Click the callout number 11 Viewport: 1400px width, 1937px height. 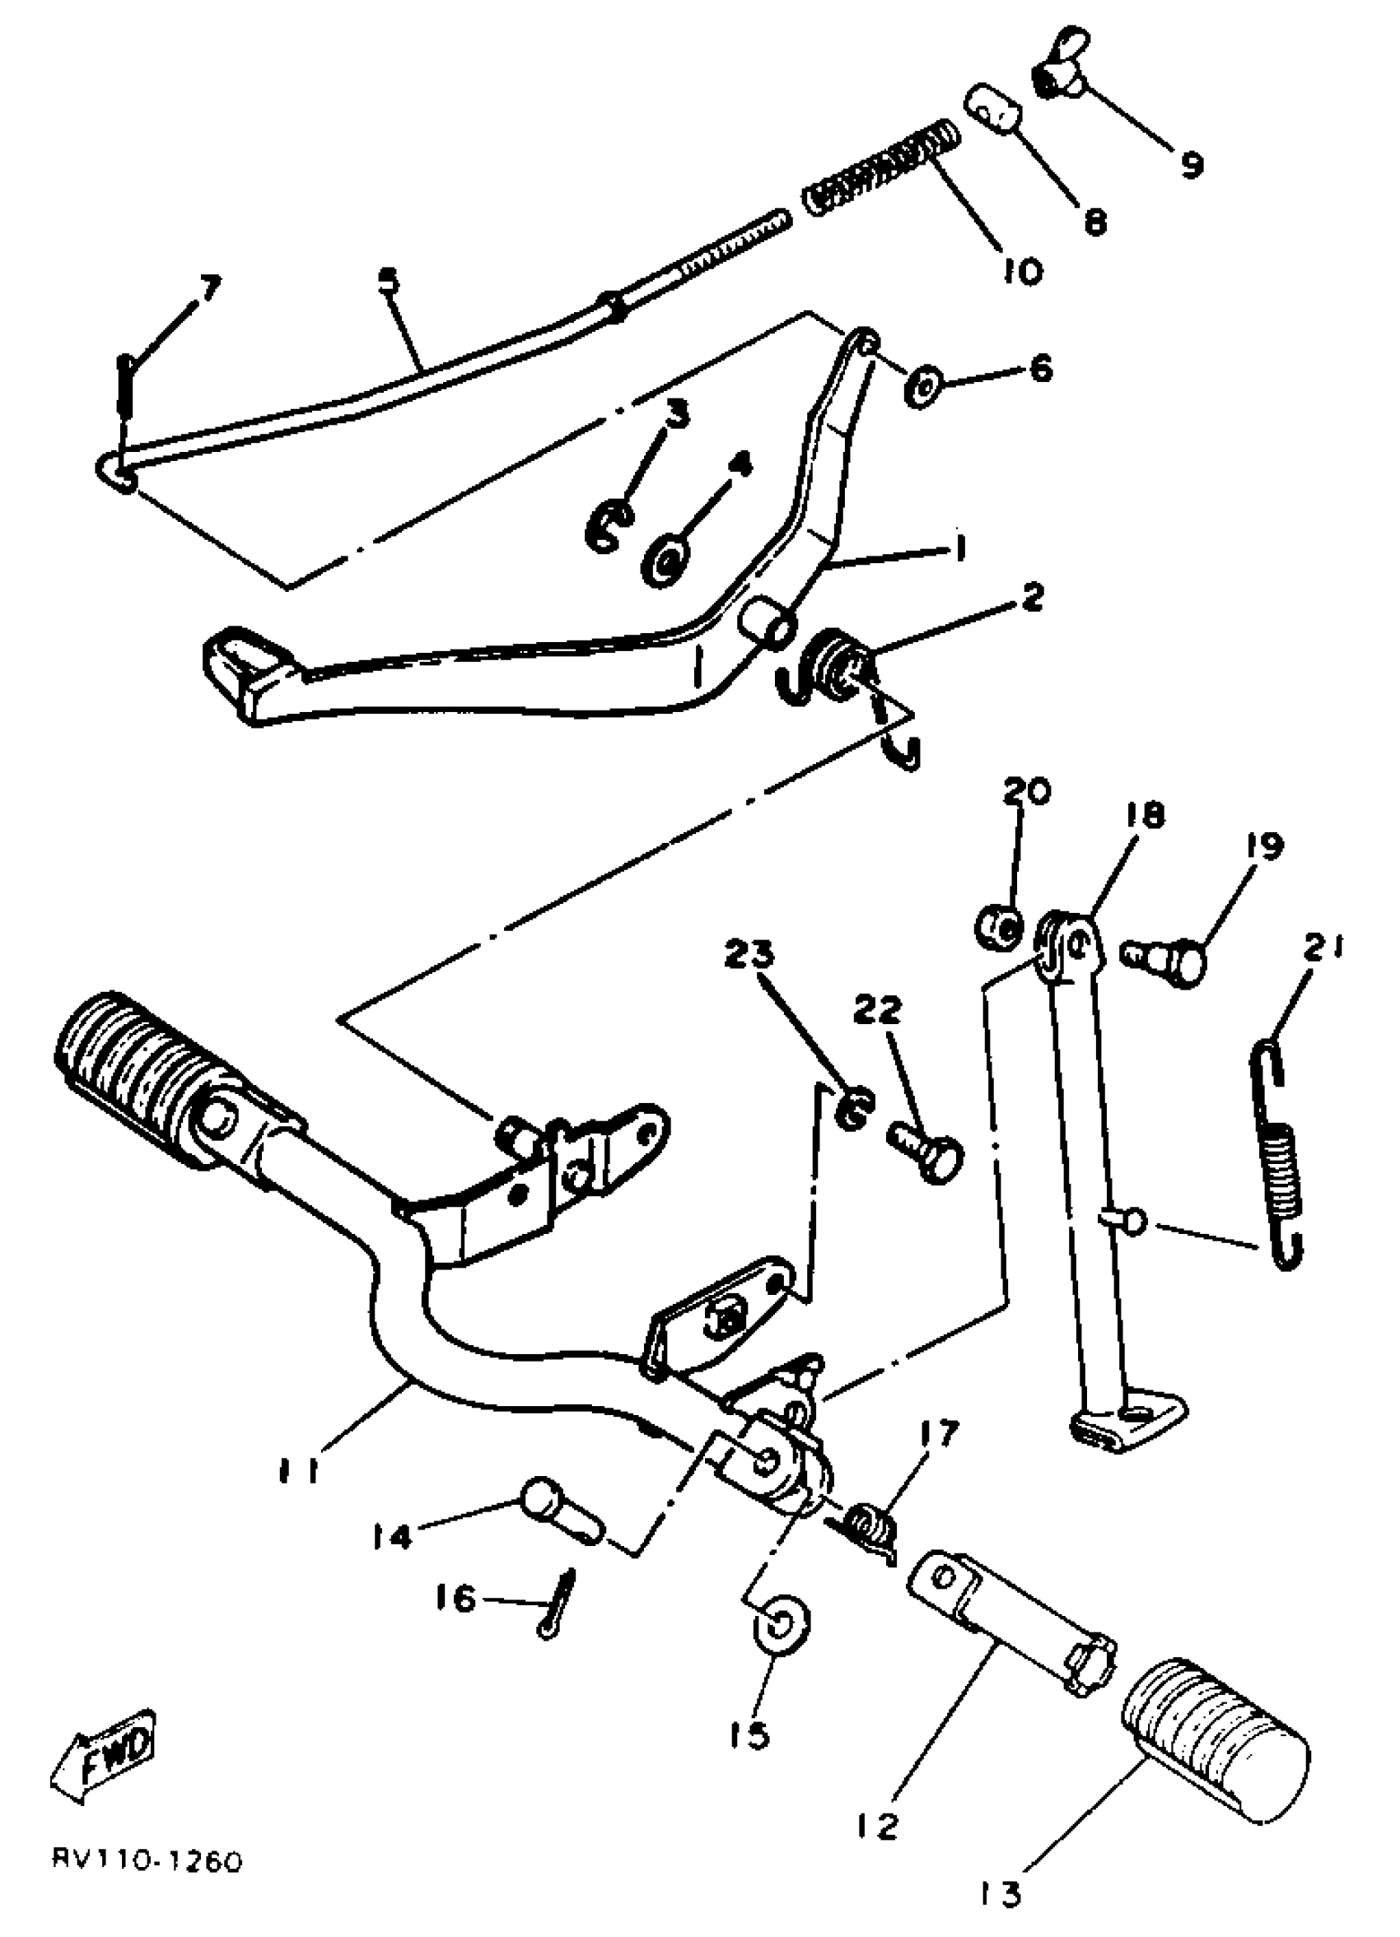coord(298,1471)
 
